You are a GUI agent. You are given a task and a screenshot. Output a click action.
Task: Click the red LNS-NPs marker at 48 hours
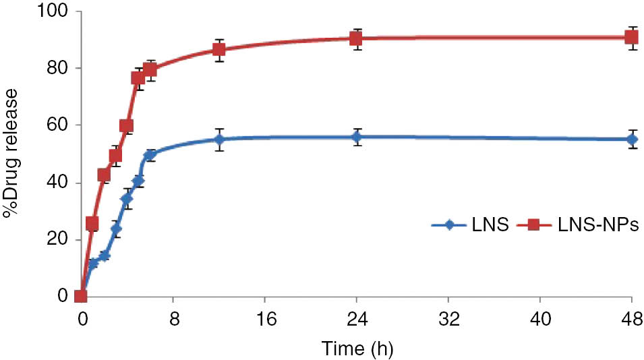(x=632, y=37)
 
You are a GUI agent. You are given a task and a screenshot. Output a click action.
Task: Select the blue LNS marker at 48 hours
(x=632, y=139)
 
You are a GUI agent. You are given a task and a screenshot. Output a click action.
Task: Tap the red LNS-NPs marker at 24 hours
(x=357, y=38)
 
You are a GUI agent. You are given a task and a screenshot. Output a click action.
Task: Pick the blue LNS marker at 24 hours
(x=357, y=137)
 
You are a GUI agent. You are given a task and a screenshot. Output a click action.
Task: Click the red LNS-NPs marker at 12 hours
(x=219, y=50)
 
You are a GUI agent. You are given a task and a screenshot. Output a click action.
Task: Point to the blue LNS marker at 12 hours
(x=219, y=140)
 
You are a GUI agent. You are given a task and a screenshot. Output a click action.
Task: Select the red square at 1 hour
(x=92, y=223)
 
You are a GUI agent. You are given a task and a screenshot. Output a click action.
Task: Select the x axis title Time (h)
(x=357, y=349)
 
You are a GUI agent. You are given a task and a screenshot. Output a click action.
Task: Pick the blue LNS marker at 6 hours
(x=150, y=155)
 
